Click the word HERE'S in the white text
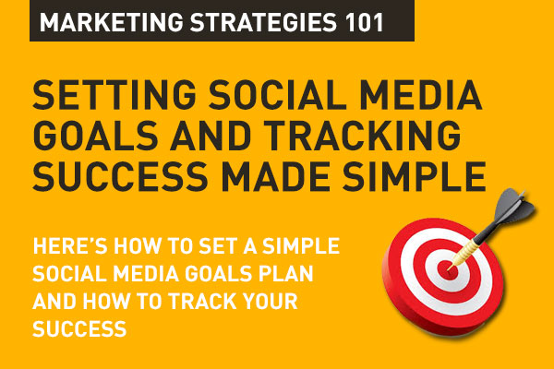66,248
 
